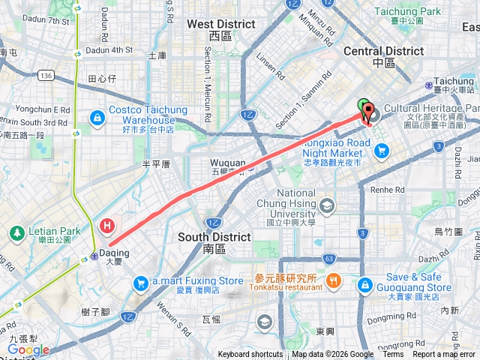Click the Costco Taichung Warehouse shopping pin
[98, 118]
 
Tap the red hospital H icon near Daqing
[108, 224]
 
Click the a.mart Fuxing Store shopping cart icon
[140, 283]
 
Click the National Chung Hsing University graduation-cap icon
[326, 205]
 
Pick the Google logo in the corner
[28, 349]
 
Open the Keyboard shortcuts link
[250, 355]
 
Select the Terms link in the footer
[393, 355]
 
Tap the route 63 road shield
[328, 259]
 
